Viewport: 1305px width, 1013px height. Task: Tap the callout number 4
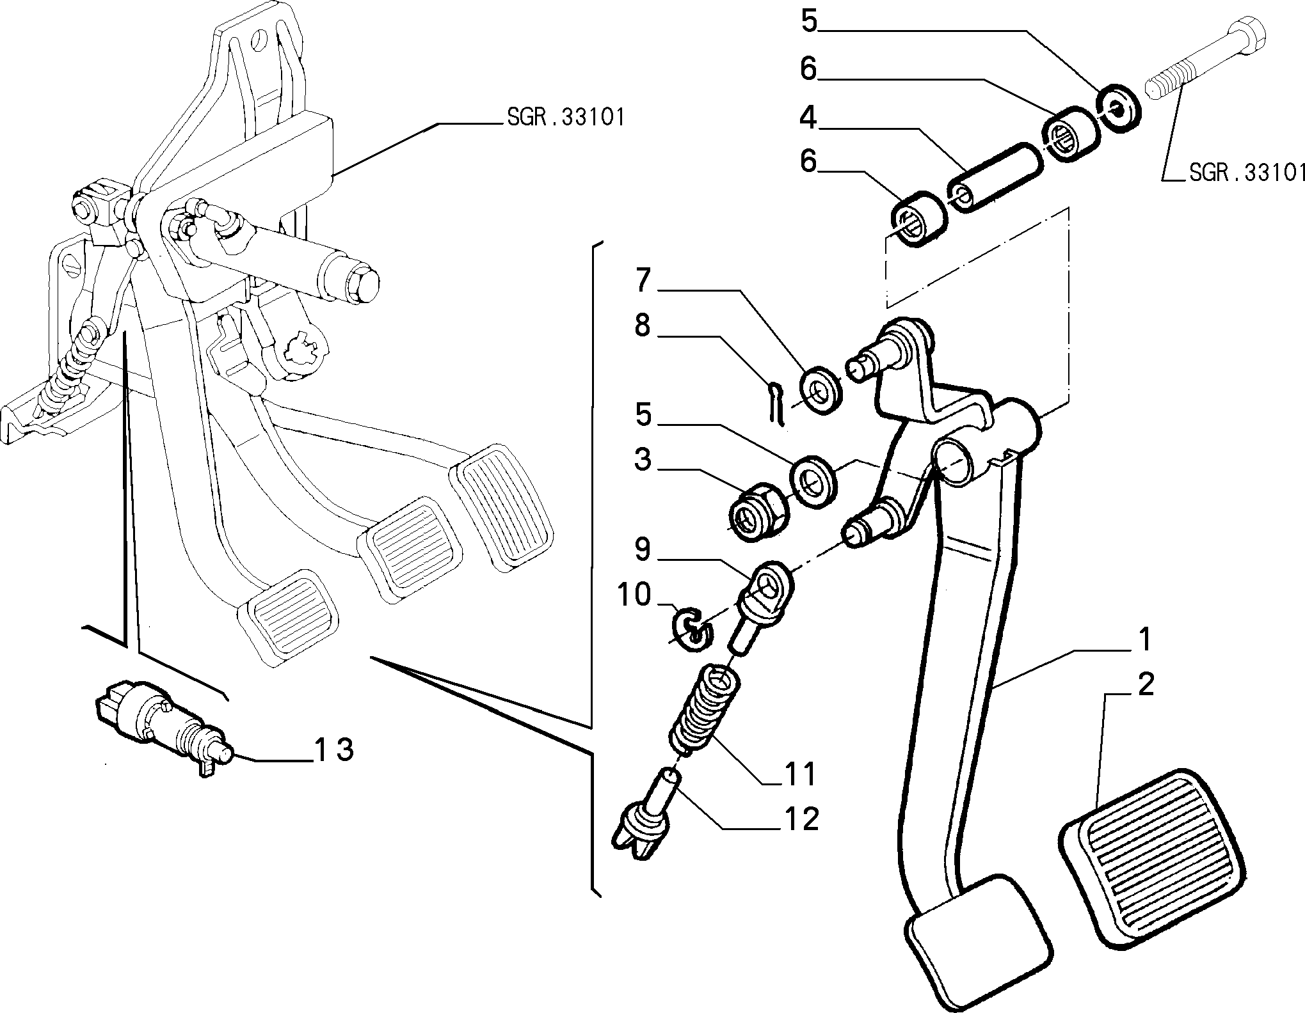pos(808,118)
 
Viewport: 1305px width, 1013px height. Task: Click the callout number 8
pos(642,326)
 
